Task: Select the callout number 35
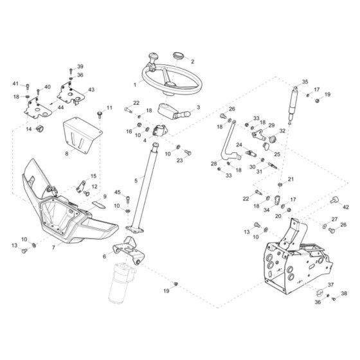click(305, 82)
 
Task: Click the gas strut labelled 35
click(293, 105)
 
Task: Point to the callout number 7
click(53, 248)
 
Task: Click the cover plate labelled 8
click(82, 135)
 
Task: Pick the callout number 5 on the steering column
click(136, 181)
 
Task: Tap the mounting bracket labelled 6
click(129, 251)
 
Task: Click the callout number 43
click(91, 89)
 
